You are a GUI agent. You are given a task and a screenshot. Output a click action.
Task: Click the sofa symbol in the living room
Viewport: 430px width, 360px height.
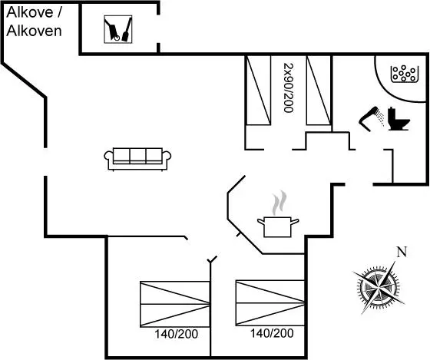pos(137,159)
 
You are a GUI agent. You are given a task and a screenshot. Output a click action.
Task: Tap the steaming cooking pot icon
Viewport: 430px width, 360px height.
pos(278,214)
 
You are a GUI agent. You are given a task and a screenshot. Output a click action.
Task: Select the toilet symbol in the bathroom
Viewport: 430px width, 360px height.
pos(399,119)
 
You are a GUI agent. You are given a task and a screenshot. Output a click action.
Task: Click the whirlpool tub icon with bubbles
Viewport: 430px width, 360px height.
pos(405,74)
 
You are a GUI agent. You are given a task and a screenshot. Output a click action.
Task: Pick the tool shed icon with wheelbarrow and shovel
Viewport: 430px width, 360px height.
pos(118,29)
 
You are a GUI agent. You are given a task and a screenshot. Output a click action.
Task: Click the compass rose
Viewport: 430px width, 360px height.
pos(379,287)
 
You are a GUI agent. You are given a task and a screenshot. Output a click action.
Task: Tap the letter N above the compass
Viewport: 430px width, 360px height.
pos(402,252)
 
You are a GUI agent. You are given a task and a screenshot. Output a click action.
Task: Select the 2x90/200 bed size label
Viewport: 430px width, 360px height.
pos(289,88)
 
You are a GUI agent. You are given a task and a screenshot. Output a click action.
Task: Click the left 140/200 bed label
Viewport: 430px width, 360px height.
pos(176,334)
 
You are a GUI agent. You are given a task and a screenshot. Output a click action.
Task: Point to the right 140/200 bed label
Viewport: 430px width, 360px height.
pos(272,333)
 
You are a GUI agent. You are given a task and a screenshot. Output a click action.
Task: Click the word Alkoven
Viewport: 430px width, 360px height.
pos(34,31)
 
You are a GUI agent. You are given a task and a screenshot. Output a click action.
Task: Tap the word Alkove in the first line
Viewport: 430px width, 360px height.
pos(30,12)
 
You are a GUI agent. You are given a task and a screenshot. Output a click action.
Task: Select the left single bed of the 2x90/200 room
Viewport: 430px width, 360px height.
pos(259,91)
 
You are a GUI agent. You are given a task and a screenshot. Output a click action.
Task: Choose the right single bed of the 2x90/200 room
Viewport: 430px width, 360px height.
pos(318,91)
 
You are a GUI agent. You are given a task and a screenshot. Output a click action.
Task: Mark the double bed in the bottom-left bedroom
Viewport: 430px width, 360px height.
pos(175,304)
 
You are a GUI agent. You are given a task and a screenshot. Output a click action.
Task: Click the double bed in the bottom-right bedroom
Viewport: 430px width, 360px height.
pos(270,303)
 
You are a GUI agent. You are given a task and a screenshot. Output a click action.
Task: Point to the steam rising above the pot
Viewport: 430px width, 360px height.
pos(279,203)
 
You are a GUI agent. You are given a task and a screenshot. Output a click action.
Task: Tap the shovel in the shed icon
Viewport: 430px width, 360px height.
pos(127,29)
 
